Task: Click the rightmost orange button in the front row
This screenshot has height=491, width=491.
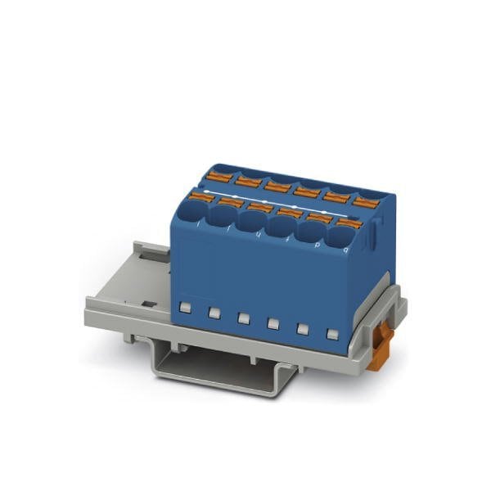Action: coord(349,222)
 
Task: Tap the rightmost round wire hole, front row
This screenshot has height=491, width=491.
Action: coord(340,238)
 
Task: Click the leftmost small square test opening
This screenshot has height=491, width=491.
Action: coord(186,307)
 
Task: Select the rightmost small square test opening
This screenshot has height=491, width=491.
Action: coord(332,334)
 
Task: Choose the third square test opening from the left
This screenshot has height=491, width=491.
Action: coord(243,318)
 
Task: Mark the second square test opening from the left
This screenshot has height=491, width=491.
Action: coord(214,312)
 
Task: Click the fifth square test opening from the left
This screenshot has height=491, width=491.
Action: coord(303,328)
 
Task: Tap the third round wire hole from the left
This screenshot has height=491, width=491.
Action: coord(250,223)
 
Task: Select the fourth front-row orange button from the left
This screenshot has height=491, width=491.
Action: coord(289,213)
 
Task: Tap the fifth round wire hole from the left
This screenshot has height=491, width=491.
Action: coord(310,234)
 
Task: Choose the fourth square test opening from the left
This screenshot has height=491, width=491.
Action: coord(273,323)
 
